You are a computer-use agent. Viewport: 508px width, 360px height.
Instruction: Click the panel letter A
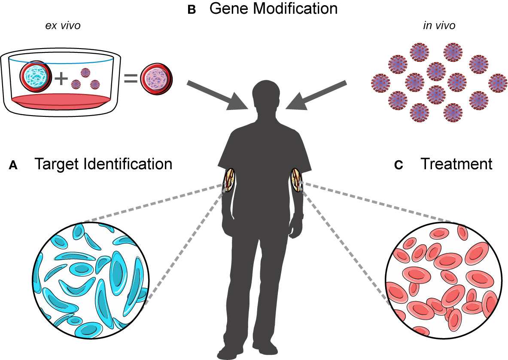click(13, 165)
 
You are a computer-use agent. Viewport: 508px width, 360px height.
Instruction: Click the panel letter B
click(192, 10)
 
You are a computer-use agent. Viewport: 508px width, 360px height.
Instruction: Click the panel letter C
click(398, 165)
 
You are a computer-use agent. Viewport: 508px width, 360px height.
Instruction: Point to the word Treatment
click(456, 164)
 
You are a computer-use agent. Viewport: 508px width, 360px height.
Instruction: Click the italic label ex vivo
click(63, 26)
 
